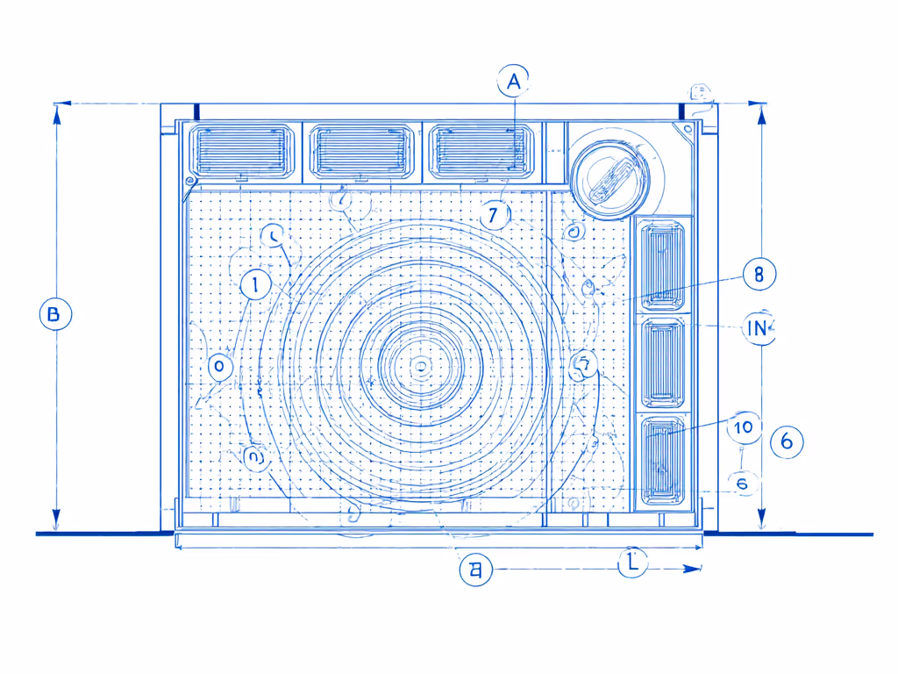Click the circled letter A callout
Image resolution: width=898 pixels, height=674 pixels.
pos(513,82)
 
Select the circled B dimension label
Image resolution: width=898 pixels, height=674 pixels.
pos(55,314)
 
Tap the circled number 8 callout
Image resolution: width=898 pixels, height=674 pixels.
pos(759,274)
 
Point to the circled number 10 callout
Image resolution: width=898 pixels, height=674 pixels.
pos(744,427)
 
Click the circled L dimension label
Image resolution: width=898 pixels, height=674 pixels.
pos(632,563)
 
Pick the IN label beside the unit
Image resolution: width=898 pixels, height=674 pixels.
pos(757,328)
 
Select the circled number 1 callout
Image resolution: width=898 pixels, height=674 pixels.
pos(255,284)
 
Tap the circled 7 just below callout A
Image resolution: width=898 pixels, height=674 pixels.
pos(495,213)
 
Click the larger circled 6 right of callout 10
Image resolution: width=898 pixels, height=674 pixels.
pos(787,441)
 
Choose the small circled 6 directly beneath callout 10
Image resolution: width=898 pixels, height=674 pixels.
pos(742,483)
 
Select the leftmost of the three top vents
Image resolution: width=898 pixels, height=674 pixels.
pos(241,150)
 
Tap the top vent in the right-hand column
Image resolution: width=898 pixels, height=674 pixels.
pos(664,262)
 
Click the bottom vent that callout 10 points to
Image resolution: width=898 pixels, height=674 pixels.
pos(664,461)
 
